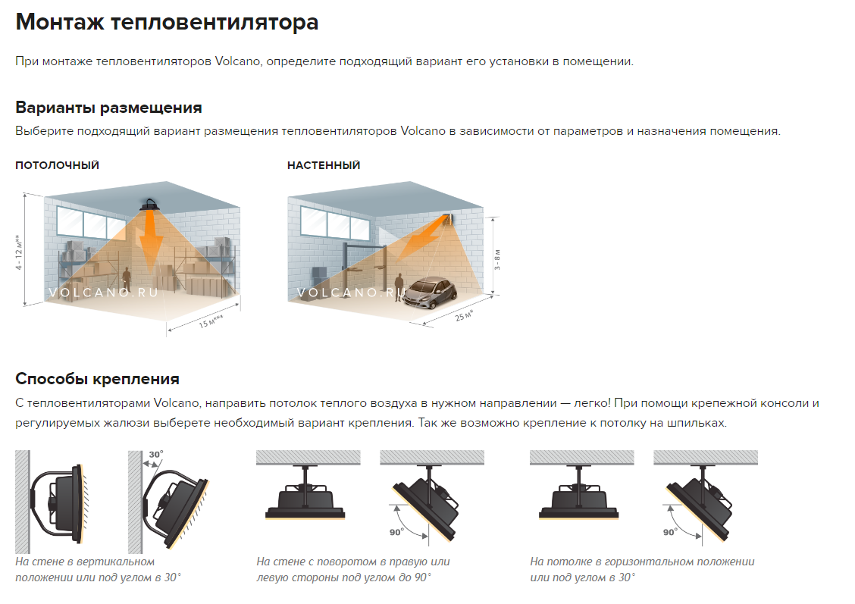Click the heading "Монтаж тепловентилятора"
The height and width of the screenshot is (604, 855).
167,22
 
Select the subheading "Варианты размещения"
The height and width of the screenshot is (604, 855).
108,108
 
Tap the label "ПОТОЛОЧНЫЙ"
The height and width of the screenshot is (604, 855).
58,165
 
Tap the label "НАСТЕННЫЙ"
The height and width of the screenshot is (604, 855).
324,165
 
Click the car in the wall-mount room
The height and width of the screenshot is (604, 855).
431,292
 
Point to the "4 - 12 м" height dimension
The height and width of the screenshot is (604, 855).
19,252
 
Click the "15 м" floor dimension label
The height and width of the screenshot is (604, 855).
211,321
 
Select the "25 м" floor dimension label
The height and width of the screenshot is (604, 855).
464,315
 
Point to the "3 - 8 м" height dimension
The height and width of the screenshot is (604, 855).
496,260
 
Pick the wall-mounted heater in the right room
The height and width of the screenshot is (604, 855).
448,220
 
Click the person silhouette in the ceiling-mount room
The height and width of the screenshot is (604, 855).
127,280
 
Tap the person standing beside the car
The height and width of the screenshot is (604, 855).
399,286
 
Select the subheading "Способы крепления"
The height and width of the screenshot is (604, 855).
97,379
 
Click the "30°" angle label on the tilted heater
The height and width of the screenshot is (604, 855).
156,455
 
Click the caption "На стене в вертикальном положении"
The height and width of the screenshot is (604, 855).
85,569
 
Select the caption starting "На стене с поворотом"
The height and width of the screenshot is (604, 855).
352,569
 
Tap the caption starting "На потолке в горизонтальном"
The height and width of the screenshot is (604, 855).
642,569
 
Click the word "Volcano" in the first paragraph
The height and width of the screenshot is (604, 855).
238,61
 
